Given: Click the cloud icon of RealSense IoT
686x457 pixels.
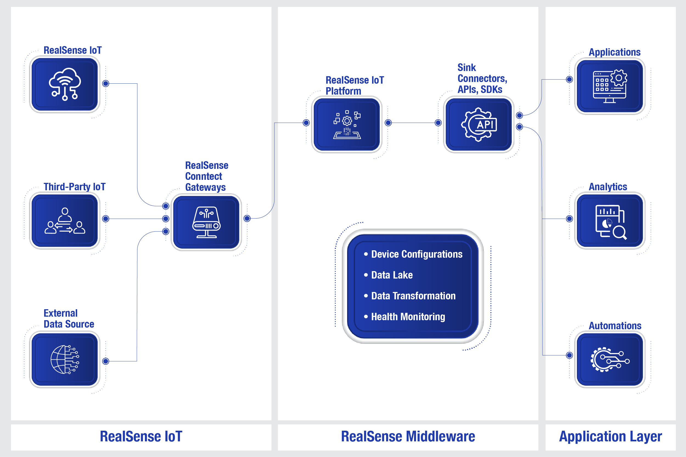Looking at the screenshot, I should coord(65,84).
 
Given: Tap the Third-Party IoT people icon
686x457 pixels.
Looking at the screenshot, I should coord(65,221).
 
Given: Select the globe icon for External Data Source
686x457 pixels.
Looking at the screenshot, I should coord(65,359).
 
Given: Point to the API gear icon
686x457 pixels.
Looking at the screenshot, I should coord(479,124).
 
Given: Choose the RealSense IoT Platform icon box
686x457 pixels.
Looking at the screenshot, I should coord(347,124).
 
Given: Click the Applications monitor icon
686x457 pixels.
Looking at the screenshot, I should coord(610,86).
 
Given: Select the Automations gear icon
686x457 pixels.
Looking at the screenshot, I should coord(610,359).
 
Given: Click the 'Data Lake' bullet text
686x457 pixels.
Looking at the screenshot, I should coord(392,275).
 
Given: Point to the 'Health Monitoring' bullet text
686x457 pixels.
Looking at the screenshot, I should coord(408,317).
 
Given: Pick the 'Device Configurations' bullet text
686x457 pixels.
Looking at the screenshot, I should coord(417,254).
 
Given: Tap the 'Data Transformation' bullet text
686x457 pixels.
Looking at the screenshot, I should coord(413,296).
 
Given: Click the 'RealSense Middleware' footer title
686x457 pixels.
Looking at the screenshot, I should coord(408,436).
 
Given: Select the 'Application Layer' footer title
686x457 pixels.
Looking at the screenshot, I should coord(610,436).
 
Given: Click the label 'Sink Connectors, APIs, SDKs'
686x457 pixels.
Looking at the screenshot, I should coord(482,78).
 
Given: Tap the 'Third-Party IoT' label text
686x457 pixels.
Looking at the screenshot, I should coord(74,187).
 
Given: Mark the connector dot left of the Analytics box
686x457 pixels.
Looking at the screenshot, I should coord(569,218).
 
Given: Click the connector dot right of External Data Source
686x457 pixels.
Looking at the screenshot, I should coord(106,361).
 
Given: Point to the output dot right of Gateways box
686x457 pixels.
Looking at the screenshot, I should coord(247,218).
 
